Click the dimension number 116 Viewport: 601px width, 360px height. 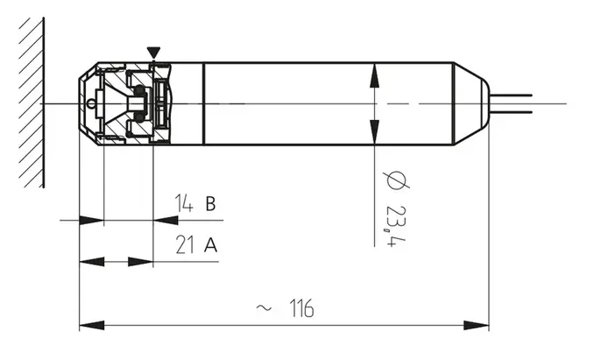301,308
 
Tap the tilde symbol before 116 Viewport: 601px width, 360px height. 264,307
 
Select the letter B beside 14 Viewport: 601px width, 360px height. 210,203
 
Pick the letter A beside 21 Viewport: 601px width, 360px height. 210,245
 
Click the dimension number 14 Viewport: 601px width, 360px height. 184,203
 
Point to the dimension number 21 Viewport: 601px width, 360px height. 184,244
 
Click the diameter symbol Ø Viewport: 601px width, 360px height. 396,180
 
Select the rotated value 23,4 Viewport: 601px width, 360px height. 396,225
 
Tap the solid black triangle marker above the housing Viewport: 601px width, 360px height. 153,53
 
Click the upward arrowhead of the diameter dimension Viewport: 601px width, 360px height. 374,75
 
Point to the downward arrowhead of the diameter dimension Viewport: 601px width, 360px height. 374,132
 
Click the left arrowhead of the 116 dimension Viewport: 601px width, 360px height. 92,326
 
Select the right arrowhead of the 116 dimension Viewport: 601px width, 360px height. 477,326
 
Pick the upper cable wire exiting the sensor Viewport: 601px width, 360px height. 511,95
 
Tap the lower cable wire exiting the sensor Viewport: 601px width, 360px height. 511,112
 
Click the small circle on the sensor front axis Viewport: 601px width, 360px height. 90,103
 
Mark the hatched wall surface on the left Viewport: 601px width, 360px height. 32,102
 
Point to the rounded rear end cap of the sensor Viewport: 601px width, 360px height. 472,103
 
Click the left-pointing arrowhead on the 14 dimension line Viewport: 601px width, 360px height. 166,221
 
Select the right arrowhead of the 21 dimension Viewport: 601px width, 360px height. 140,262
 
